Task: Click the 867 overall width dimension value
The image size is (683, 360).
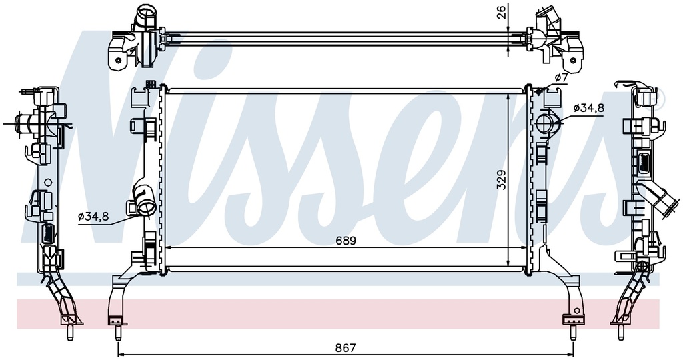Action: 346,348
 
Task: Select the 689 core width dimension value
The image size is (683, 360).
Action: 346,241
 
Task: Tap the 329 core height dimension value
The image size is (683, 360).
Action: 502,179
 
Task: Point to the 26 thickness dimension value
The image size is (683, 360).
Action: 502,12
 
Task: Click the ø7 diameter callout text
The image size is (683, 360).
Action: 562,79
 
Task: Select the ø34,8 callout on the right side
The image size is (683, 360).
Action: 589,108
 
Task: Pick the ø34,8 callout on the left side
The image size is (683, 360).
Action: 93,216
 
